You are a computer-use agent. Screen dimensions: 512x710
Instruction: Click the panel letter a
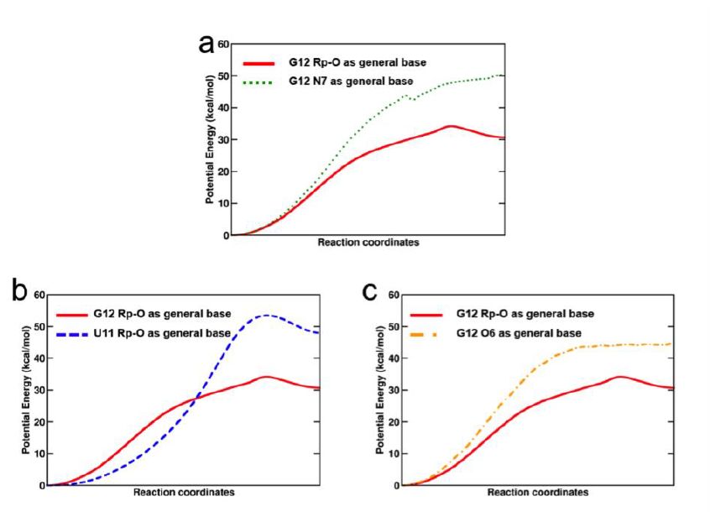pos(206,44)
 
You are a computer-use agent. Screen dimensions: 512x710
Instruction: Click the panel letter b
pos(19,290)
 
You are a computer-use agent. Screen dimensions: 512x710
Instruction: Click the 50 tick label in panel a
pos(223,76)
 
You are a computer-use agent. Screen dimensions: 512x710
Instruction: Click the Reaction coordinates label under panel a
pos(368,243)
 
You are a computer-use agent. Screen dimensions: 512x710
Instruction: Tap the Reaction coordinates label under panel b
pos(184,492)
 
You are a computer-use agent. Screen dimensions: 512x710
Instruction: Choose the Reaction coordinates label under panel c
pos(537,492)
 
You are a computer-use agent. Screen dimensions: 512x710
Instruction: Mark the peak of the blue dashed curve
pos(266,316)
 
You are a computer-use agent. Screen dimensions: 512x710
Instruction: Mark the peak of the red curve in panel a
pos(452,126)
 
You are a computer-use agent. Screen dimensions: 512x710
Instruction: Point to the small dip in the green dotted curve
pos(412,100)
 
